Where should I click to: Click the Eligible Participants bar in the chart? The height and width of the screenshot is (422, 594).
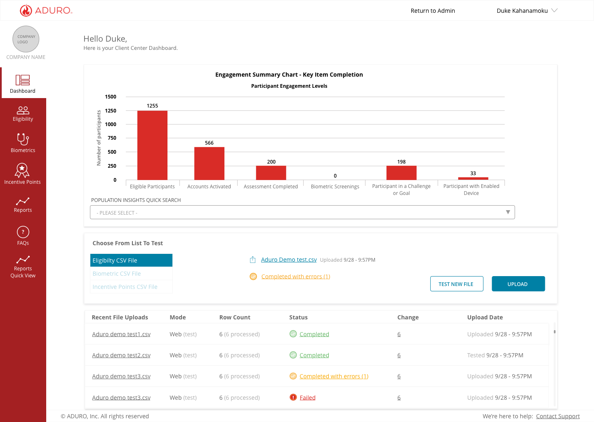pos(152,145)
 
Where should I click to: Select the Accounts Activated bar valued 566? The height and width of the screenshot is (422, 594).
pos(209,164)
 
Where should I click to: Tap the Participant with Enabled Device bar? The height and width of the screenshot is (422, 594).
pos(473,178)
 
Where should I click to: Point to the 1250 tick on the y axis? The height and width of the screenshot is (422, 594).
pos(111,111)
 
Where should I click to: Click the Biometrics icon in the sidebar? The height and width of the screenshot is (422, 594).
pos(23,139)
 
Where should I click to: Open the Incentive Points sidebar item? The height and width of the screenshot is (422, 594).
pos(23,174)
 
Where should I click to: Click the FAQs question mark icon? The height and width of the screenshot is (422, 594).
pos(23,232)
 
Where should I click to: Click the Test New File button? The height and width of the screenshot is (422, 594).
pos(456,284)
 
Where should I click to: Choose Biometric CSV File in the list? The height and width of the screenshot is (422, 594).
pos(117,274)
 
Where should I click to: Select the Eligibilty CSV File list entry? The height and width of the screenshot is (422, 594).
pos(131,260)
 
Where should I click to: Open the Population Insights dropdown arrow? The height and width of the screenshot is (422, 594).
pos(507,212)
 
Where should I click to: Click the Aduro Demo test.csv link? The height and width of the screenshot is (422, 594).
pos(289,260)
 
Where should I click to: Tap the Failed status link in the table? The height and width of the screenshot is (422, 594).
pos(307,397)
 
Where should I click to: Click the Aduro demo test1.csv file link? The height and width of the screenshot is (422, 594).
pos(121,334)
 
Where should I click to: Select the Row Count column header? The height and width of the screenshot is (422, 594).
pos(235,317)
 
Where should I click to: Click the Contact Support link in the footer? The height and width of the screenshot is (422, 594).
pos(558,416)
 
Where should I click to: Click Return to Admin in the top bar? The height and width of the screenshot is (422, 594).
pos(433,11)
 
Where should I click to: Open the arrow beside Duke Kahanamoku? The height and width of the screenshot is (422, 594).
pos(554,10)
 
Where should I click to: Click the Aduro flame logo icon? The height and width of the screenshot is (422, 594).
pos(26,11)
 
